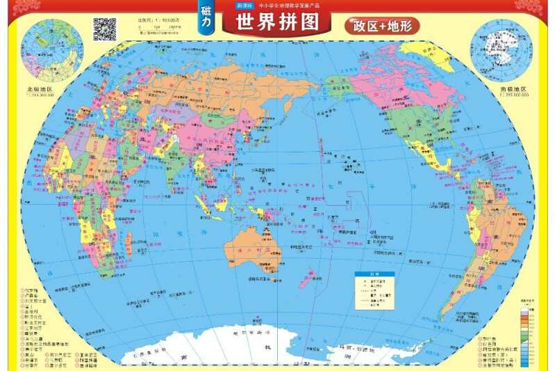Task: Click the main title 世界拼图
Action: click(277, 22)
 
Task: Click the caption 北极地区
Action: click(40, 89)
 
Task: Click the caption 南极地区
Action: click(513, 89)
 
